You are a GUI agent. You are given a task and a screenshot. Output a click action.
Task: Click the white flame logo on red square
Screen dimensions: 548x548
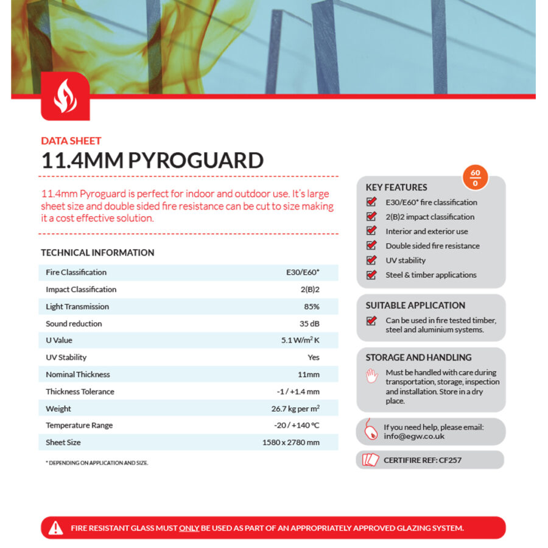[x=65, y=96]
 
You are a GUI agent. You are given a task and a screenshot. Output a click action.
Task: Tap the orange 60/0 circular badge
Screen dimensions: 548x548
[x=475, y=178]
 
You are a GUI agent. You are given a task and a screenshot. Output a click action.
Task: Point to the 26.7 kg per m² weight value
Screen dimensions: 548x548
[x=295, y=409]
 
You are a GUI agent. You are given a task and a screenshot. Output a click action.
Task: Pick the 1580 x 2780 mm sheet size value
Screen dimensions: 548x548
[x=290, y=443]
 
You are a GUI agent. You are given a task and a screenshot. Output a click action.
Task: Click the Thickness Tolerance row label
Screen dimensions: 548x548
[x=80, y=392]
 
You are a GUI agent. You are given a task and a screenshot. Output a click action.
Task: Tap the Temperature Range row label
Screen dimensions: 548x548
[x=79, y=426]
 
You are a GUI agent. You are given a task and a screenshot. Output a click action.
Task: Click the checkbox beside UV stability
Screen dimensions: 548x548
[x=371, y=260]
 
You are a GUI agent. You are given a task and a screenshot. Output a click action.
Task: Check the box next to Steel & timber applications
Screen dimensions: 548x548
[x=371, y=275]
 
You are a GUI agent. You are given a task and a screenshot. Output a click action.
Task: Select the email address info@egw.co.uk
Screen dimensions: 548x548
[x=414, y=436]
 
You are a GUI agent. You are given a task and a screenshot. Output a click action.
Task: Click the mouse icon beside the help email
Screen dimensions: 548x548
[x=370, y=431]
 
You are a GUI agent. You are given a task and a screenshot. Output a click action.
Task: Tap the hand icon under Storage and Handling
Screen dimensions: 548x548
[x=371, y=376]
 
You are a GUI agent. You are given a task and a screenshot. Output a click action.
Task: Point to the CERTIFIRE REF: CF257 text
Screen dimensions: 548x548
[x=423, y=460]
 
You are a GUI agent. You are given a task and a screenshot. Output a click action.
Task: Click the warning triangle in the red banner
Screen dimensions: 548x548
[x=56, y=528]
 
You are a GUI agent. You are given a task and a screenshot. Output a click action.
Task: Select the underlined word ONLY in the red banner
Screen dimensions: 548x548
[x=189, y=528]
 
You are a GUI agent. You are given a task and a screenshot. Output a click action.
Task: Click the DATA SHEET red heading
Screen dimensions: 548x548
[x=71, y=141]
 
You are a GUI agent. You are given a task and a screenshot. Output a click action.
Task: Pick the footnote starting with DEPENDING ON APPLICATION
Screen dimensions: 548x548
[x=97, y=463]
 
